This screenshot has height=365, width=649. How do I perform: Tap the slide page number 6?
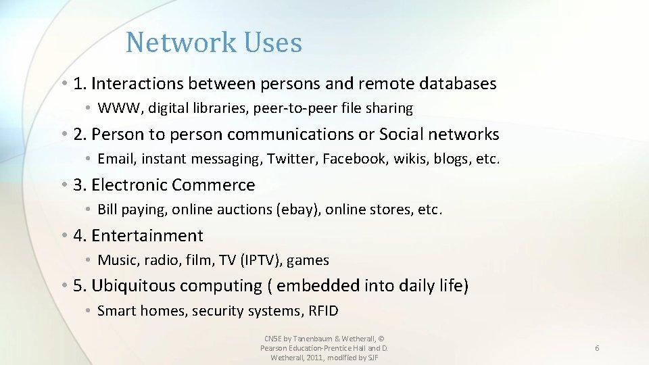597,347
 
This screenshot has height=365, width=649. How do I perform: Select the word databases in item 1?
458,84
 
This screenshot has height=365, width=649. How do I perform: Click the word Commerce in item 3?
213,185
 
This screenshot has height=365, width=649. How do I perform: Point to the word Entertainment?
147,236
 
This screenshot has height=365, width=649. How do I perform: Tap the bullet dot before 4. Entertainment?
63,236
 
